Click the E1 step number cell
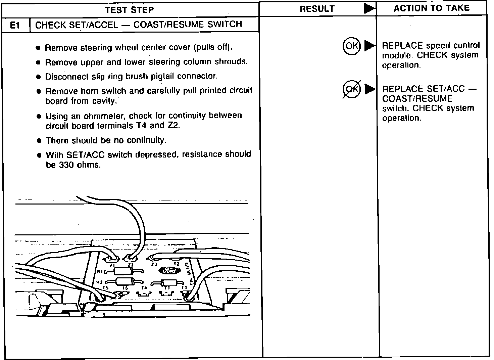click(15, 25)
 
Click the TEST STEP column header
click(130, 10)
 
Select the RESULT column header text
click(317, 9)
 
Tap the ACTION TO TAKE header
click(431, 8)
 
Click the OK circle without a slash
click(351, 46)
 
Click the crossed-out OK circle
click(351, 89)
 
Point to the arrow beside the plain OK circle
click(370, 46)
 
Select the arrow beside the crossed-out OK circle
click(370, 89)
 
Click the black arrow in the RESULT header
click(369, 9)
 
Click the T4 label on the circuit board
click(144, 288)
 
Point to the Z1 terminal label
click(112, 265)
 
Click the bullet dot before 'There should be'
click(39, 141)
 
